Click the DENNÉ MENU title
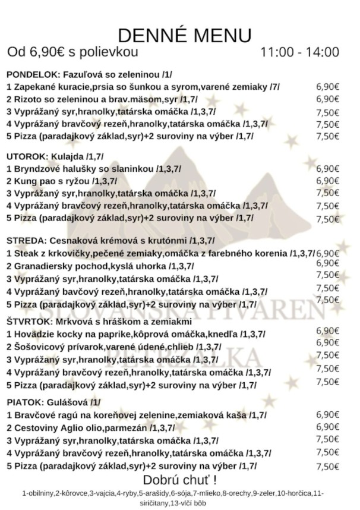point(184,34)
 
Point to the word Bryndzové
point(35,168)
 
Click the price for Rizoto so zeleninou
point(327,99)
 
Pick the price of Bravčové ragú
point(327,414)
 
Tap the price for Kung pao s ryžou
point(327,181)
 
